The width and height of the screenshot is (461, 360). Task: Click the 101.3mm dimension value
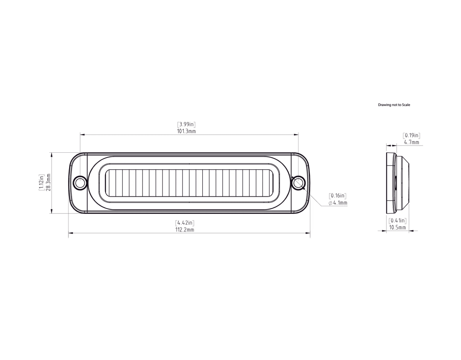point(187,131)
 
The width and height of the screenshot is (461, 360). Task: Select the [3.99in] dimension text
point(187,124)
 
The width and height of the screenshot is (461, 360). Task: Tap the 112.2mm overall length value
point(185,230)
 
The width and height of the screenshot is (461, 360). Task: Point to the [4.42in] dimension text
point(185,223)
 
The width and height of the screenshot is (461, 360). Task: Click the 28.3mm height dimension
point(48,183)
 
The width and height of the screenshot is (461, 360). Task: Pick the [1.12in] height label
point(41,183)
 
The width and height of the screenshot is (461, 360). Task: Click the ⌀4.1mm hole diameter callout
point(338,203)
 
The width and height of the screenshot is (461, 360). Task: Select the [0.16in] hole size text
point(338,196)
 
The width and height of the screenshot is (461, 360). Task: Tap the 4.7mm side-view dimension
point(411,142)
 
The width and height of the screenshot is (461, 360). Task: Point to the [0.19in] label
point(411,135)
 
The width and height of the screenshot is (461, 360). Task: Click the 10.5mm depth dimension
point(398,227)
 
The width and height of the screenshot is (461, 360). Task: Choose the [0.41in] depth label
point(398,221)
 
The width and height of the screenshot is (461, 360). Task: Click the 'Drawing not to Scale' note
point(394,105)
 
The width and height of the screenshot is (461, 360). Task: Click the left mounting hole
point(80,183)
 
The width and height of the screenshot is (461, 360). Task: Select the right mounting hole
point(298,183)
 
